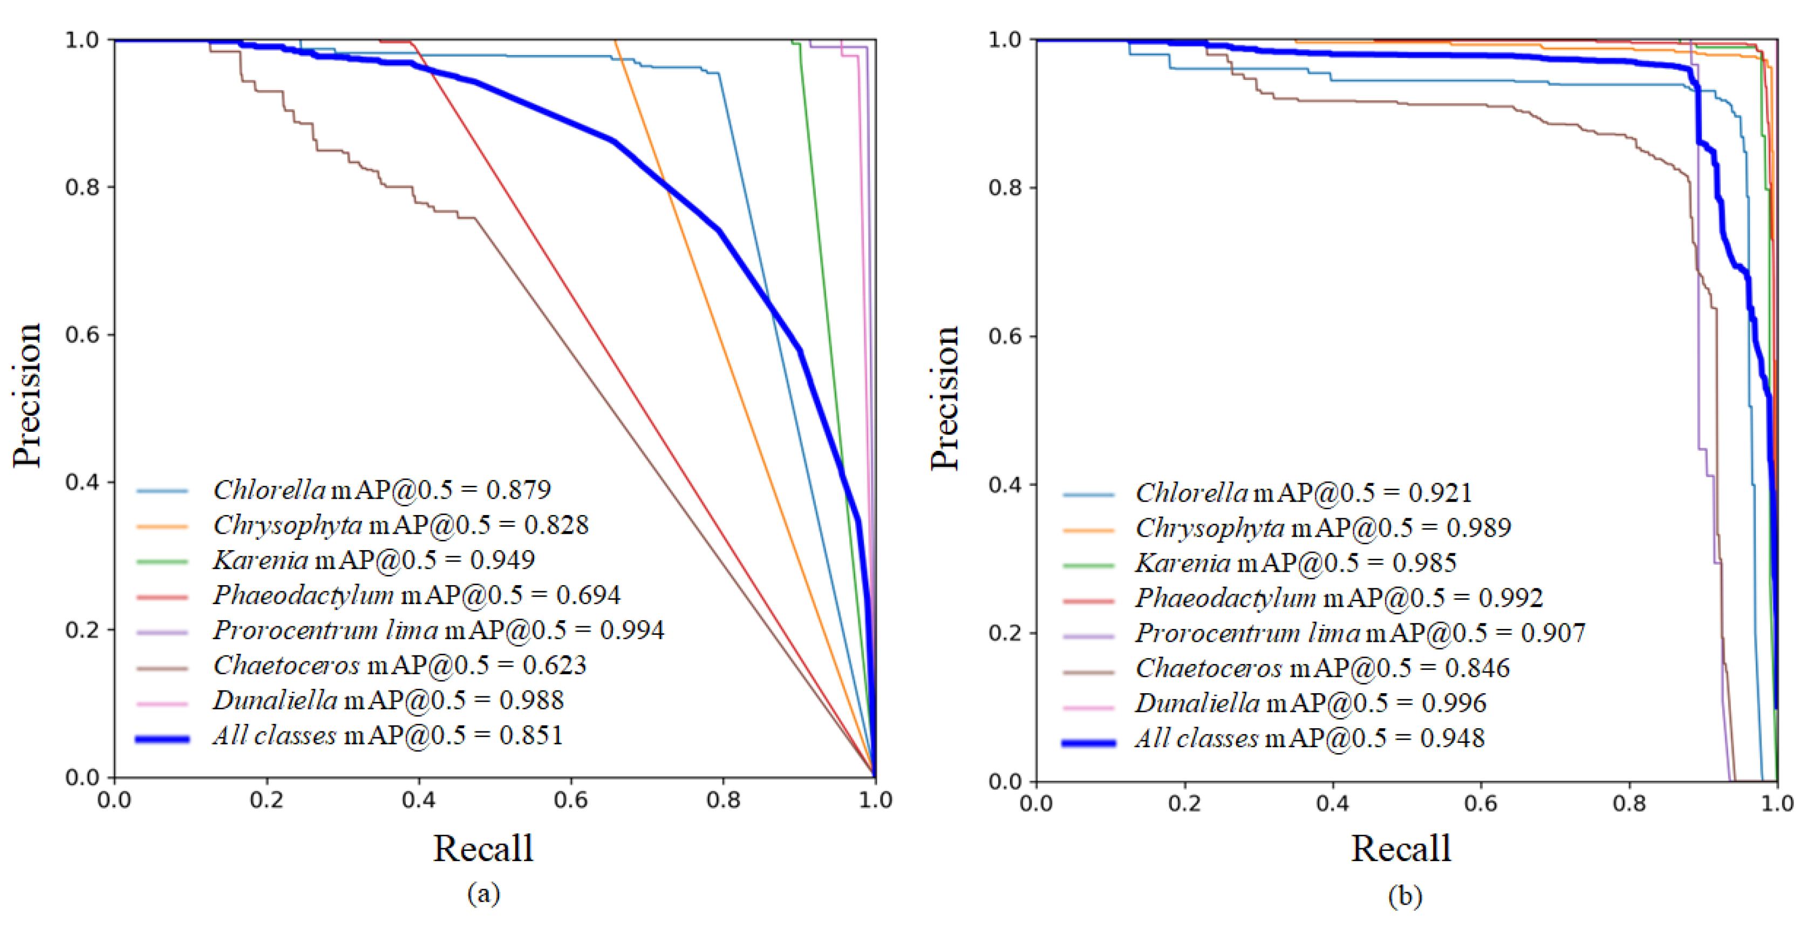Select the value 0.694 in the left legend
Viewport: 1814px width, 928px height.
(x=588, y=595)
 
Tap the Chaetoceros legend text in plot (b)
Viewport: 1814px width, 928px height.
(x=1209, y=668)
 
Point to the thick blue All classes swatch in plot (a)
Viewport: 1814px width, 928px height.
(x=162, y=739)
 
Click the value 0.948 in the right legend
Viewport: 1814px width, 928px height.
(x=1452, y=739)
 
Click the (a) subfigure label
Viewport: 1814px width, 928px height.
(x=483, y=893)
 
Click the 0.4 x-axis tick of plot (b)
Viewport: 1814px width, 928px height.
(x=1332, y=803)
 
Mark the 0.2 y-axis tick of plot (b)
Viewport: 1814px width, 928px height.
(x=1005, y=633)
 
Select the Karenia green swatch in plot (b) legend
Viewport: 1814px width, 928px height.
(x=1088, y=565)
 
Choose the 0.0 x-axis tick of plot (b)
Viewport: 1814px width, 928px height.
(x=1036, y=803)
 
